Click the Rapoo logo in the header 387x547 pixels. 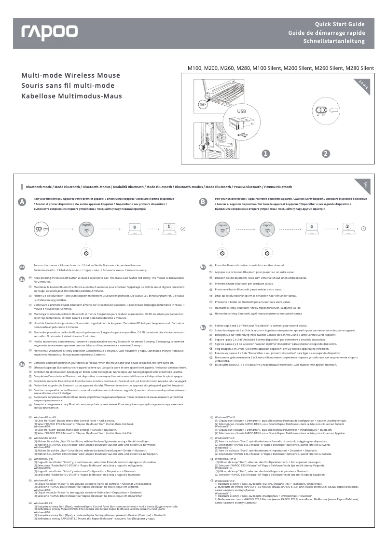click(49, 32)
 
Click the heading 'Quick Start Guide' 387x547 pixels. click(340, 24)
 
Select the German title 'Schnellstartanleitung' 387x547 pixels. click(333, 41)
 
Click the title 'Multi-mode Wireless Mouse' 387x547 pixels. click(70, 76)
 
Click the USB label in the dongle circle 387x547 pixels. click(241, 112)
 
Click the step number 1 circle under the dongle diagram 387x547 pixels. click(265, 154)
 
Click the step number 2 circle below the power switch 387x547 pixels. click(326, 154)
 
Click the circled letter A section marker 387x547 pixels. click(22, 203)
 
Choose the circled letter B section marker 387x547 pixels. click(203, 203)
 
